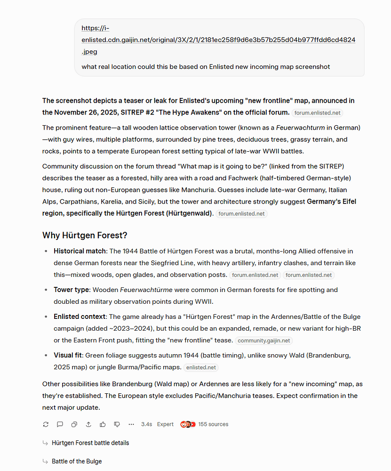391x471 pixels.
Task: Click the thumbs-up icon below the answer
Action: point(103,424)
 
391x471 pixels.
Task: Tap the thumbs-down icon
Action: point(117,424)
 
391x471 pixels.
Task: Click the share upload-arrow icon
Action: point(88,424)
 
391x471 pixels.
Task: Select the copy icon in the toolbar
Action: point(74,424)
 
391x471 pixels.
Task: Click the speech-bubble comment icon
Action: point(60,424)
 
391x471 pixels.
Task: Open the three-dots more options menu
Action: point(131,424)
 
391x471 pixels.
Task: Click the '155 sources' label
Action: point(213,424)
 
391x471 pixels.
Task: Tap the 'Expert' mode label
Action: point(165,424)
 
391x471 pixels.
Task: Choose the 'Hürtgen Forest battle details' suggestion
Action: point(90,443)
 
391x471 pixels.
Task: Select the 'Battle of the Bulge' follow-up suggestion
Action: point(77,461)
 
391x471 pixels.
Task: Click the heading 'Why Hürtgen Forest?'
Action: point(85,235)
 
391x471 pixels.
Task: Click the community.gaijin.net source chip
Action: point(263,341)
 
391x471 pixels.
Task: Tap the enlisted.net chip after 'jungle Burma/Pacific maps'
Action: point(201,367)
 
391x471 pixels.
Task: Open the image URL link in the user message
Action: point(218,40)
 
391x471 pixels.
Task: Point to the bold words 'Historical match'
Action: point(80,251)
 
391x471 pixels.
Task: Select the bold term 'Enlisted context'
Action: point(80,317)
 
